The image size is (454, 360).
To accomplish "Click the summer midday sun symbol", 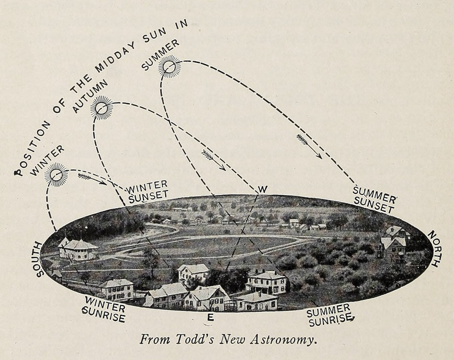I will pyautogui.click(x=169, y=67).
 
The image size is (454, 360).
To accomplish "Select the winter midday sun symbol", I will pyautogui.click(x=56, y=175).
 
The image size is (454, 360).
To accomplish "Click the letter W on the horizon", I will pyautogui.click(x=262, y=189).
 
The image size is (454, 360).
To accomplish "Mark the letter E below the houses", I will pyautogui.click(x=211, y=318).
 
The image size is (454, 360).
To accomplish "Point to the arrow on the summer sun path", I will pyautogui.click(x=309, y=146).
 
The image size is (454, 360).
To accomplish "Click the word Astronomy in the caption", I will pyautogui.click(x=280, y=341).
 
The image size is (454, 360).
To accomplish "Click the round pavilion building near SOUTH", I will pyautogui.click(x=78, y=248).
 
